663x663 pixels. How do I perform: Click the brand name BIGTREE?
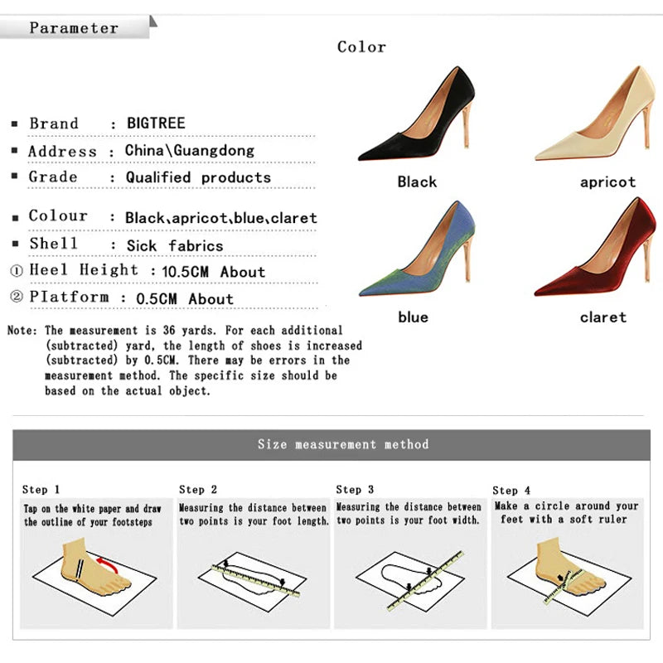pos(156,123)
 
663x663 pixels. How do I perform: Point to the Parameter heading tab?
pos(75,28)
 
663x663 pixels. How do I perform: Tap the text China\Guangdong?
pos(190,151)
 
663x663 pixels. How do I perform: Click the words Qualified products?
pos(198,177)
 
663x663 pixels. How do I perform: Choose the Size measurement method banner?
pos(343,445)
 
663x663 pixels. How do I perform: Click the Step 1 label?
pos(41,490)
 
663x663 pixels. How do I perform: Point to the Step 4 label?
pos(511,491)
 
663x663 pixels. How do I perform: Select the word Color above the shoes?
pos(361,47)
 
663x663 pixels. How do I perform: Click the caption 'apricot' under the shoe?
pos(607,182)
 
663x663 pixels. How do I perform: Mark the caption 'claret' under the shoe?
pos(603,317)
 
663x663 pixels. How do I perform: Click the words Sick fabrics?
pos(175,245)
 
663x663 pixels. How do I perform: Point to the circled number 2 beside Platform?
pos(17,298)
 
